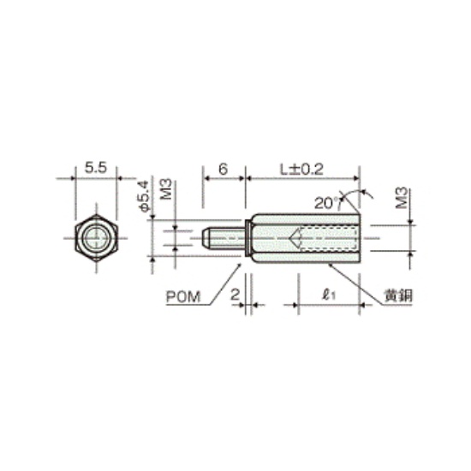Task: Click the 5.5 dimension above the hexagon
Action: [x=96, y=168]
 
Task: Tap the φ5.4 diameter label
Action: [x=143, y=197]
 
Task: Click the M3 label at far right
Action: [x=402, y=198]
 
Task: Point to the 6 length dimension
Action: [x=223, y=169]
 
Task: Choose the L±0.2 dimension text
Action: [x=301, y=170]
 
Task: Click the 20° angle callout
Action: [x=325, y=203]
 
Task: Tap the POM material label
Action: [x=183, y=297]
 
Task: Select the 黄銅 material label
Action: [x=399, y=296]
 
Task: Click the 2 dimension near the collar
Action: [x=235, y=295]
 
